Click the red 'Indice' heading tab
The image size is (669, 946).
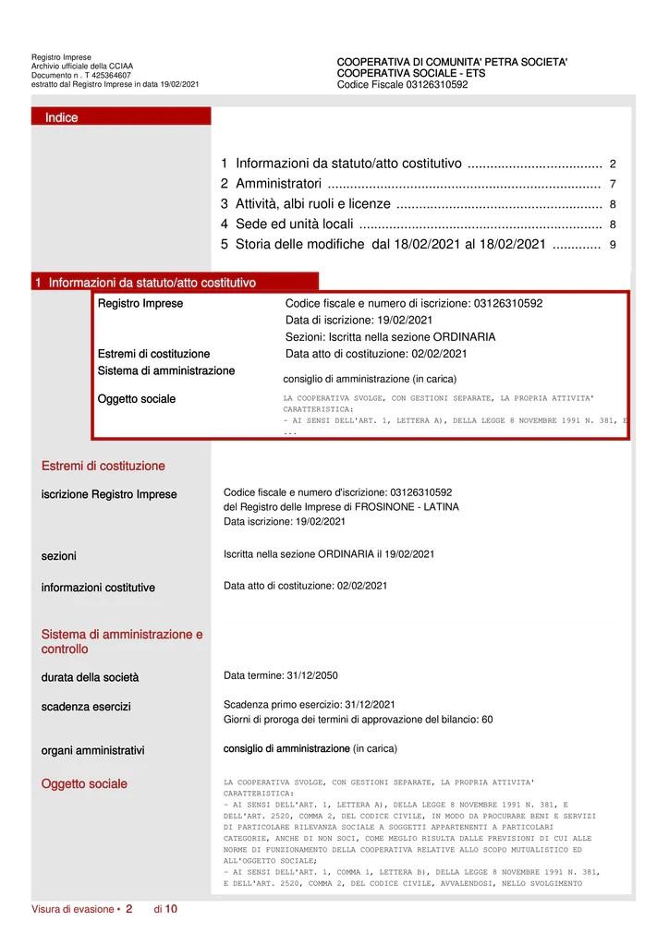pyautogui.click(x=62, y=117)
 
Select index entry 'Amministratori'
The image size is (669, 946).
pyautogui.click(x=278, y=184)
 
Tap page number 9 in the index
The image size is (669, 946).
pyautogui.click(x=613, y=245)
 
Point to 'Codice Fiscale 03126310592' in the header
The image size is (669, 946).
pyautogui.click(x=402, y=85)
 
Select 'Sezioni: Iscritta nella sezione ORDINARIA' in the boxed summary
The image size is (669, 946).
pyautogui.click(x=390, y=337)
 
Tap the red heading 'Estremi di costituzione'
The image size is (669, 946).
pyautogui.click(x=103, y=467)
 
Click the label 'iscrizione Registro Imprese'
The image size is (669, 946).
pyautogui.click(x=109, y=494)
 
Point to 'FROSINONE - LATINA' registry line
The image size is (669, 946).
pyautogui.click(x=341, y=507)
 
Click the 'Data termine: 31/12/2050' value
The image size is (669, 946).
pyautogui.click(x=281, y=675)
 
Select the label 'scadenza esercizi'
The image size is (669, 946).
pyautogui.click(x=86, y=707)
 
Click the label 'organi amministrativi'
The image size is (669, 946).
pyautogui.click(x=92, y=751)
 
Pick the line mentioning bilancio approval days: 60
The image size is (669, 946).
pyautogui.click(x=358, y=720)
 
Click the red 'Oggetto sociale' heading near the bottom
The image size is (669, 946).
pyautogui.click(x=84, y=784)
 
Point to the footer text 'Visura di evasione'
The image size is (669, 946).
pyautogui.click(x=73, y=909)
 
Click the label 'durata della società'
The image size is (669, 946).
pyautogui.click(x=90, y=677)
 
